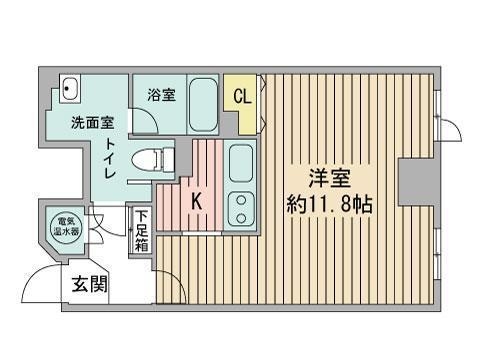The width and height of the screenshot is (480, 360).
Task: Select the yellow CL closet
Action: pos(241,99)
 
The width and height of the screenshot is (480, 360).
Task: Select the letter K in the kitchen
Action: pos(196,201)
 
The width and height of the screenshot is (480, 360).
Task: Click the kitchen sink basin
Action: pos(241,163)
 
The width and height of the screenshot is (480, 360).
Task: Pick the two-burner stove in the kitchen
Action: pos(241,208)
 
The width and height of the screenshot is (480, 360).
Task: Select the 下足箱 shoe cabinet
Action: pos(142,230)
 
